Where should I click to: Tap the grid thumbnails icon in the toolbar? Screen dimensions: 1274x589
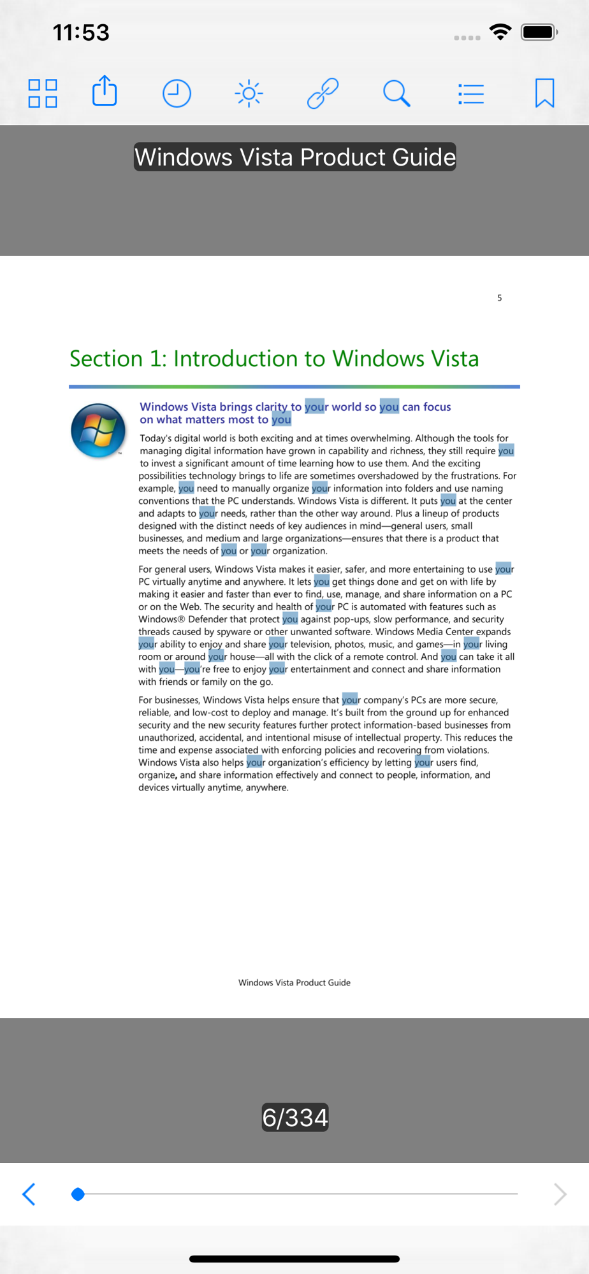[x=43, y=94]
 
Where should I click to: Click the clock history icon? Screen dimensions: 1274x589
[x=177, y=94]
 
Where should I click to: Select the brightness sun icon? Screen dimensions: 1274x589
[x=249, y=94]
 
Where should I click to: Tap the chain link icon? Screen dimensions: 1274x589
[x=323, y=94]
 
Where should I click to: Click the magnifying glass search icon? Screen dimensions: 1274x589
[x=396, y=94]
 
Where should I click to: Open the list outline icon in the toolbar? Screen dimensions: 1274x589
[x=471, y=94]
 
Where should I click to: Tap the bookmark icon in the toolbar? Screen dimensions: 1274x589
[x=544, y=93]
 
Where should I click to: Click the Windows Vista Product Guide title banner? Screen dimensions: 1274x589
[x=294, y=157]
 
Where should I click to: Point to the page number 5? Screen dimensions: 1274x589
[x=500, y=297]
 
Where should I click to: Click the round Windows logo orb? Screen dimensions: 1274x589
[x=98, y=431]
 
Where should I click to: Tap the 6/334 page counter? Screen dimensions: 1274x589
[x=294, y=1117]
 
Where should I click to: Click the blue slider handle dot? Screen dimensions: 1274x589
[x=78, y=1194]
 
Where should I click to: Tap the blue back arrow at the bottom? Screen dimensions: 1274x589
[x=29, y=1194]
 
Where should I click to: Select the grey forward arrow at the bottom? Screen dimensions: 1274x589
[x=560, y=1194]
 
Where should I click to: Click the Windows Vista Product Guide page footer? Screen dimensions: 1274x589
[x=294, y=982]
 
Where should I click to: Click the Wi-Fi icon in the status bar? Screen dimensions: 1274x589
[x=500, y=31]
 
